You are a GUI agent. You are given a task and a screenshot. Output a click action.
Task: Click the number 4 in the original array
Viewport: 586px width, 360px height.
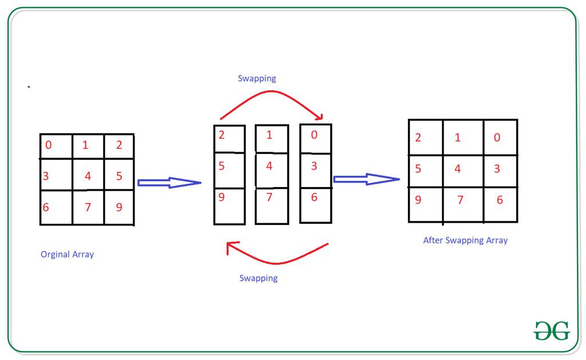(88, 176)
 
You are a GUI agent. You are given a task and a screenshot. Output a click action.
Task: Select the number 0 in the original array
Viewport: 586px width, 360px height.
(48, 145)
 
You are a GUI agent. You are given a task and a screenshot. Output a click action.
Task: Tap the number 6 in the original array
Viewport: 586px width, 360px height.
(46, 207)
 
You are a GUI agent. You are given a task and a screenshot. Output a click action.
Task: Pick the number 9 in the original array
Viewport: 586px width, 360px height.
(119, 207)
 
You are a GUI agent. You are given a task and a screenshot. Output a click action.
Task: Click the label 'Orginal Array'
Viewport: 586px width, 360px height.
(68, 255)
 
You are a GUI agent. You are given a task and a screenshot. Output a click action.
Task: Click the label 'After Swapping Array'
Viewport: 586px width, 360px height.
(465, 240)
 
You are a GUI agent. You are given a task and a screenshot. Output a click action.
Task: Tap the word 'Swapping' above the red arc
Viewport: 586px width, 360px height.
(257, 78)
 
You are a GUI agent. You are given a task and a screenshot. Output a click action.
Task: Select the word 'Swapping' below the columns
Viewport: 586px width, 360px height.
(259, 278)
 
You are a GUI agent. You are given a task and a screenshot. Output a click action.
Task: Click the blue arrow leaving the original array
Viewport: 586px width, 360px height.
(169, 183)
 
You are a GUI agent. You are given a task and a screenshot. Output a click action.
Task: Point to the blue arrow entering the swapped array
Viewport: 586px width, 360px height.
(367, 179)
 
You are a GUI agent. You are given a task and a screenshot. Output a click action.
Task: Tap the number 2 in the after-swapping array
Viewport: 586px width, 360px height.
(418, 137)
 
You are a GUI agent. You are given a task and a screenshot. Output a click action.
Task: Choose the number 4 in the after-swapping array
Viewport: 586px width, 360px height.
(457, 169)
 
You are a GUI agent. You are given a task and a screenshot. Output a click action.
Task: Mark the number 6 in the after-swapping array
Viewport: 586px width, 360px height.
(500, 200)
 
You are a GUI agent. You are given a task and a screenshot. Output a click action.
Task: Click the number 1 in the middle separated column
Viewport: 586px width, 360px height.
(269, 134)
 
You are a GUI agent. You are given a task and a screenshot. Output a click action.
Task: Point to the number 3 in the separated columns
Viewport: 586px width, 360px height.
(314, 165)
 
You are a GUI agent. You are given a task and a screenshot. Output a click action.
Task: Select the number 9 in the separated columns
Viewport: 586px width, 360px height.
(221, 197)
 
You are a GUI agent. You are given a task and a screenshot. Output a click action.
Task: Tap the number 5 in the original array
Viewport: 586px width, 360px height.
(119, 176)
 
